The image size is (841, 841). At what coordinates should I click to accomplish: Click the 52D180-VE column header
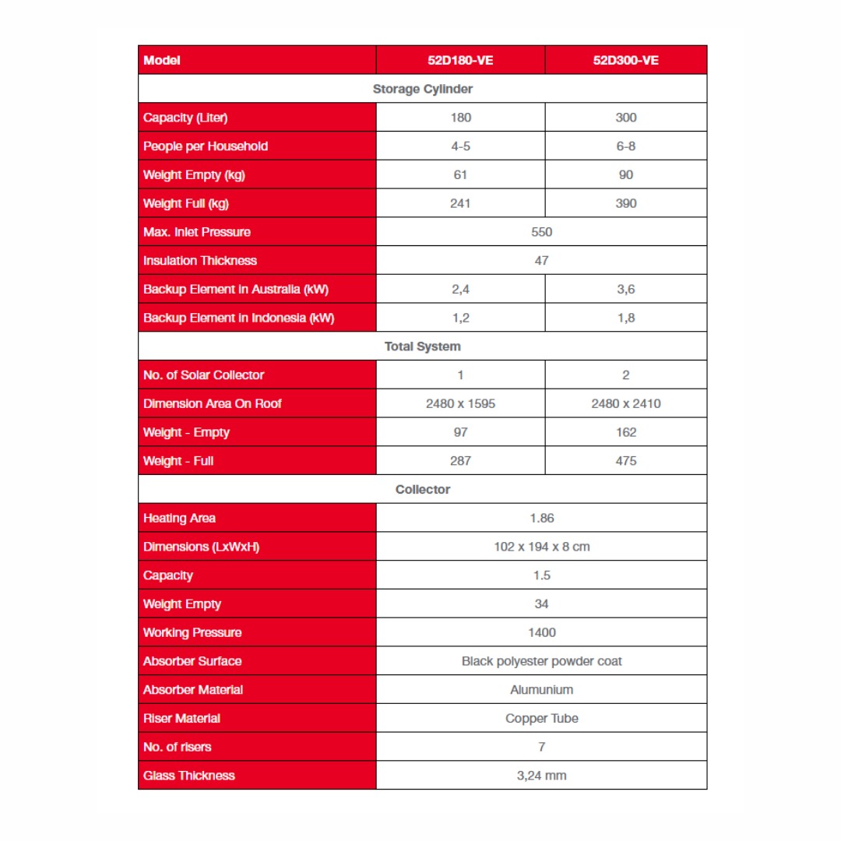460,60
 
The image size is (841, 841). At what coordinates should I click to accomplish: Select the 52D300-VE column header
625,60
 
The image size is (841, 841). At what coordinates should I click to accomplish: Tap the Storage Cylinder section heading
422,89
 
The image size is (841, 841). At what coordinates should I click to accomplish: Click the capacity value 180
460,118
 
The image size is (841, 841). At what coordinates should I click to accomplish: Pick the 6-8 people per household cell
625,146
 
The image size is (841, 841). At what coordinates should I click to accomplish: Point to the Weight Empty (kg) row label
194,175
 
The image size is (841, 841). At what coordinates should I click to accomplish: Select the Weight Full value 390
625,203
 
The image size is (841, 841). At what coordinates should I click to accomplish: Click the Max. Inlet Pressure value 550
541,232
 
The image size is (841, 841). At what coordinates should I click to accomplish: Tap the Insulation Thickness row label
199,261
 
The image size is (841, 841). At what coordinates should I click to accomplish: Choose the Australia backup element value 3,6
625,289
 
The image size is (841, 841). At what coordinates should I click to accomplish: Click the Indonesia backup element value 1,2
460,318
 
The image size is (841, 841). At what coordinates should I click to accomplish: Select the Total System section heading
422,347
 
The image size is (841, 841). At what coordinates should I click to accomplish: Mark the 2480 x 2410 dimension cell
625,403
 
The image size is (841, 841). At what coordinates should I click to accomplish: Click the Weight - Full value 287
460,461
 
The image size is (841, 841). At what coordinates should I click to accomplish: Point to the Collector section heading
422,490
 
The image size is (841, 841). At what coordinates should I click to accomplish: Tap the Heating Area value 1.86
541,518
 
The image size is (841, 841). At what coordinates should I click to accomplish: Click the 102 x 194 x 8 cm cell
541,547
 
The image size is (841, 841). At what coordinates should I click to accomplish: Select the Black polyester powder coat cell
541,661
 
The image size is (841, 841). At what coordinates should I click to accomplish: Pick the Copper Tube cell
541,718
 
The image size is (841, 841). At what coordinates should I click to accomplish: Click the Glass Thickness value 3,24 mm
541,776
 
